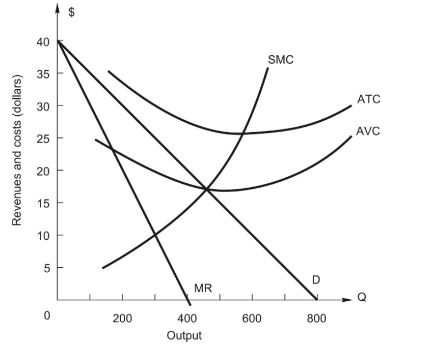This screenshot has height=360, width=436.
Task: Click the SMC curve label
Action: (281, 59)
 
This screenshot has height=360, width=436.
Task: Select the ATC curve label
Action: (368, 99)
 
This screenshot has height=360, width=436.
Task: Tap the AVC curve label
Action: (368, 131)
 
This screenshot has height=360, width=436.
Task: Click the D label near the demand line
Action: (316, 280)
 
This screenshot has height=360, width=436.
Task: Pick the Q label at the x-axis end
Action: (362, 297)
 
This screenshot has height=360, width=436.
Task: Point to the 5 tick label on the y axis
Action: (46, 268)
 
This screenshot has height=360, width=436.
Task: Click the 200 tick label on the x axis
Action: (122, 318)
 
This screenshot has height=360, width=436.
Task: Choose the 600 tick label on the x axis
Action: (251, 318)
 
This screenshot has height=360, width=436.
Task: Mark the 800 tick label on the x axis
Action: (316, 318)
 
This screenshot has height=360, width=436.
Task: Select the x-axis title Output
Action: (184, 335)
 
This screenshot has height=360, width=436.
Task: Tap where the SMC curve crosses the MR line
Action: (155, 235)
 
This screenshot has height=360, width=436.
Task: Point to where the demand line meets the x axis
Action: (317, 300)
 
